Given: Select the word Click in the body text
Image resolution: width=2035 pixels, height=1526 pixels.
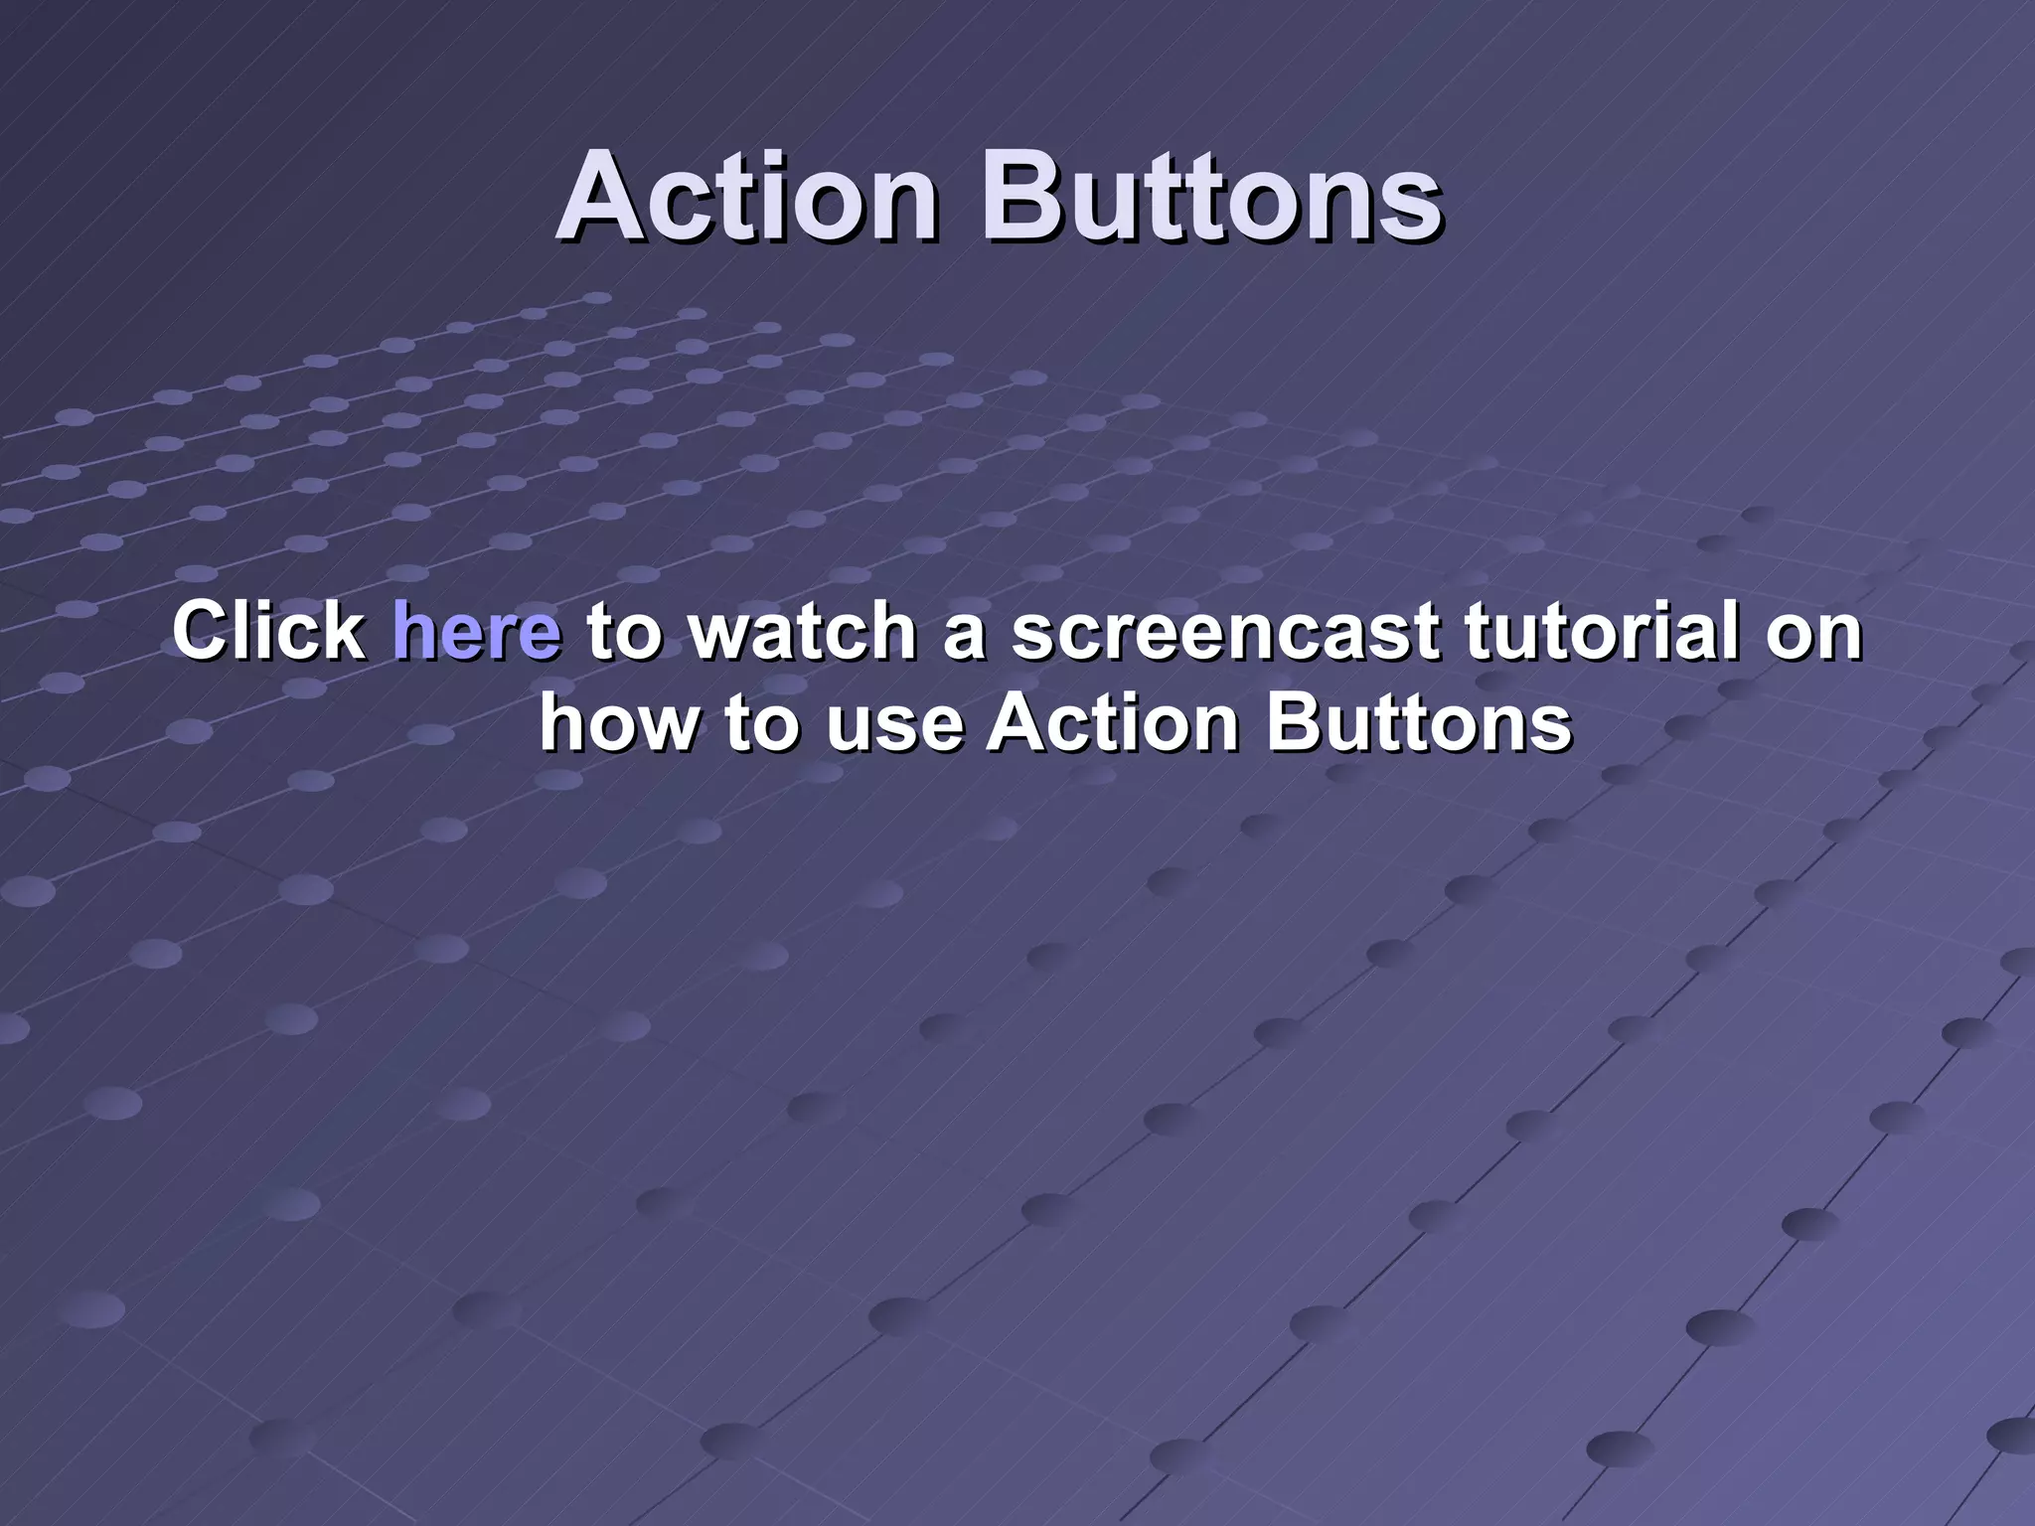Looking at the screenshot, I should coord(269,631).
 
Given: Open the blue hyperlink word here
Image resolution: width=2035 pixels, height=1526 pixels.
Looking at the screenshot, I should coord(477,631).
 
